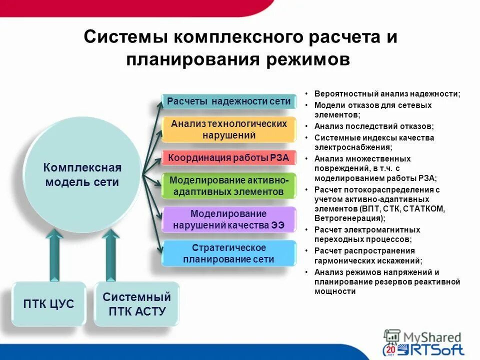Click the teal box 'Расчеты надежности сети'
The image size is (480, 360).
pyautogui.click(x=228, y=101)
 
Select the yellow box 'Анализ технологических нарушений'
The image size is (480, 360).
pyautogui.click(x=228, y=129)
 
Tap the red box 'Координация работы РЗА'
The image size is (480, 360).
pyautogui.click(x=228, y=157)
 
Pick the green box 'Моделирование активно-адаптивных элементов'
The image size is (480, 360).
pyautogui.click(x=228, y=185)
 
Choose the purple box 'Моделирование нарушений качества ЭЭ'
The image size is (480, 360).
pyautogui.click(x=228, y=219)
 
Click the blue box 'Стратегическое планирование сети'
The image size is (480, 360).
pyautogui.click(x=228, y=253)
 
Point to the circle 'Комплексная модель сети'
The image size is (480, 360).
pyautogui.click(x=82, y=174)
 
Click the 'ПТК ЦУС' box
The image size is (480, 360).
pyautogui.click(x=48, y=304)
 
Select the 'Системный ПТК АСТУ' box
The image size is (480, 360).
pyautogui.click(x=136, y=304)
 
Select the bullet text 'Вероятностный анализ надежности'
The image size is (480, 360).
pyautogui.click(x=387, y=93)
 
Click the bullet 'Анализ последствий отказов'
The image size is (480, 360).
pyautogui.click(x=373, y=126)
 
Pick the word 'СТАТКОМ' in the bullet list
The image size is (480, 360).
pyautogui.click(x=424, y=208)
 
